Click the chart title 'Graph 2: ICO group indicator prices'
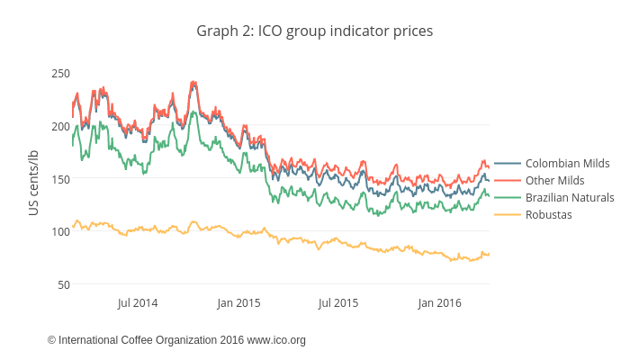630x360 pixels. (315, 31)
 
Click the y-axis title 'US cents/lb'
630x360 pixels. (33, 183)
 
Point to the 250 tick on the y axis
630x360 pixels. (60, 73)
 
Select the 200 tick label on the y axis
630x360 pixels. (60, 126)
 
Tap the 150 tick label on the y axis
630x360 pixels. (60, 178)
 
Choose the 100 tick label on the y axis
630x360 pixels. (60, 231)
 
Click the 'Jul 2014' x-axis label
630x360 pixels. (138, 303)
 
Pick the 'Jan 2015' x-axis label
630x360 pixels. (238, 303)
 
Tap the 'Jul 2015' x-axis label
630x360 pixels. (339, 303)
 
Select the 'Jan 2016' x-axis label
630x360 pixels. (440, 303)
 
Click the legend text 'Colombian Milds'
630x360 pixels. (567, 164)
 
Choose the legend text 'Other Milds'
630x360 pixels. (554, 181)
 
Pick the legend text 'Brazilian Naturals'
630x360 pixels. (570, 198)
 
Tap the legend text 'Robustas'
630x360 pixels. (548, 215)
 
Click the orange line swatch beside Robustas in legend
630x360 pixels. (508, 215)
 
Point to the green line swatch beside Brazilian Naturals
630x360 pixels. (508, 198)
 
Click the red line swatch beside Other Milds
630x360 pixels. (508, 181)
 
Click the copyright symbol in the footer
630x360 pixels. (52, 340)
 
